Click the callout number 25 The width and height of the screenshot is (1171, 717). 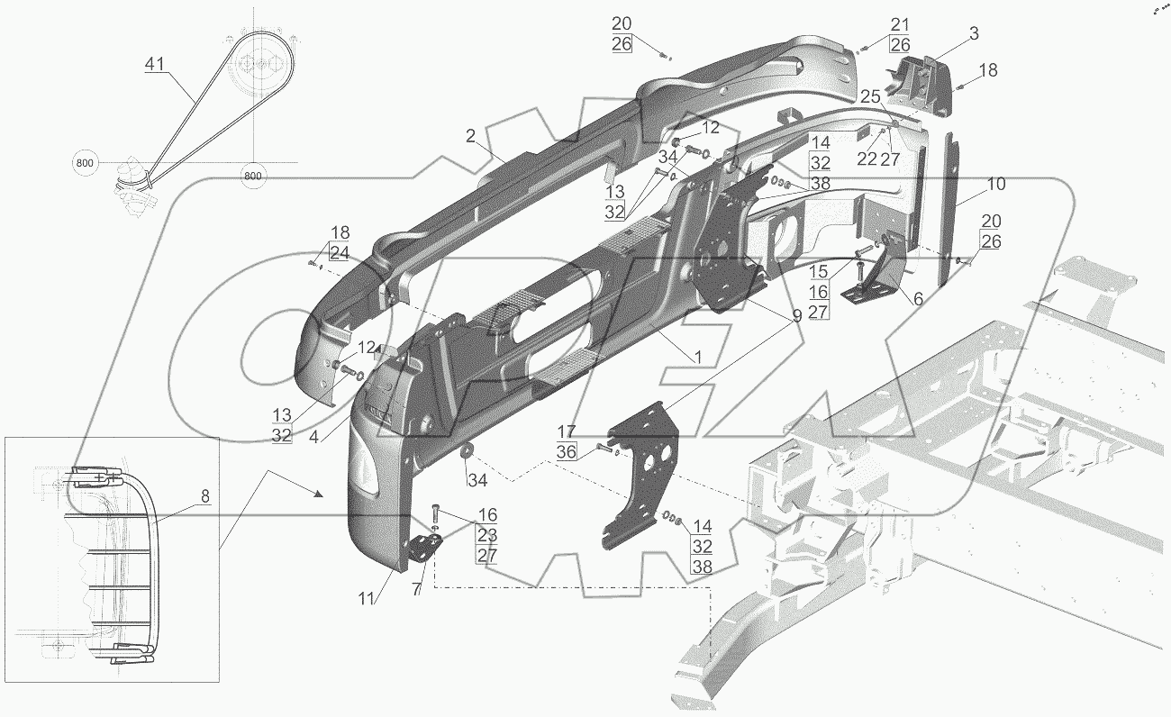pos(869,96)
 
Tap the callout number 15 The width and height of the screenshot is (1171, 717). pos(819,271)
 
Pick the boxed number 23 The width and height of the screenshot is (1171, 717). pos(486,536)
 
